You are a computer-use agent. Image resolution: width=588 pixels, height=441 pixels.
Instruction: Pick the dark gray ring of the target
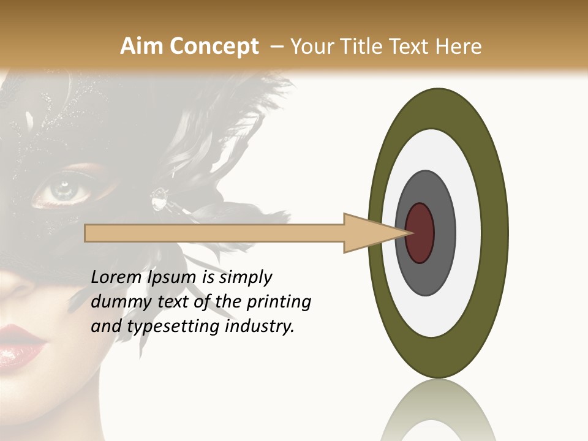pyautogui.click(x=444, y=233)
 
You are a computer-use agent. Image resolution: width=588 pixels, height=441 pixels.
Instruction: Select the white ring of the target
pyautogui.click(x=468, y=233)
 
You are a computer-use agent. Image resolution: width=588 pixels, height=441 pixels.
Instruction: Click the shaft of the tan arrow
pyautogui.click(x=214, y=233)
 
